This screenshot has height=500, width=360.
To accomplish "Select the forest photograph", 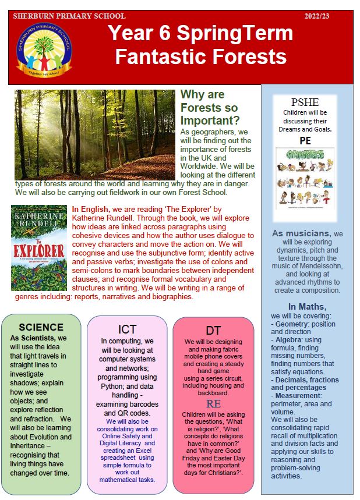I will (94, 134).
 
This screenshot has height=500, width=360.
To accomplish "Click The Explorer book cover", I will (39, 247).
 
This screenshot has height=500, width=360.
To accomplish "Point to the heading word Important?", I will (210, 120).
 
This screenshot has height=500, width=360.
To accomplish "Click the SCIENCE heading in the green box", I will (41, 327).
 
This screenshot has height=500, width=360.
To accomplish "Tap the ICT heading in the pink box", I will (127, 328).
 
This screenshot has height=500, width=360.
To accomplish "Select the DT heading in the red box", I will (213, 331).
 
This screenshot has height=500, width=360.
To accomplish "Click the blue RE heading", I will (213, 404).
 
